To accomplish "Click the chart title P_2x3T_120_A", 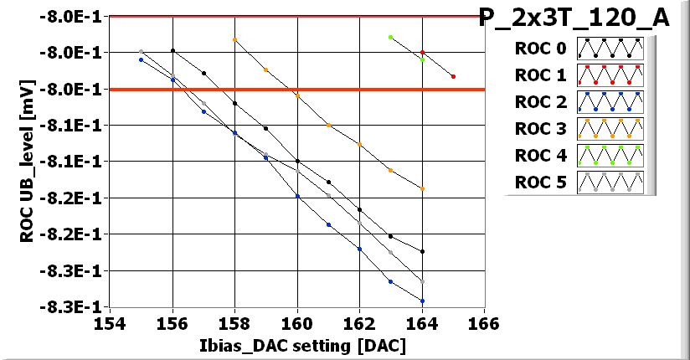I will [574, 18].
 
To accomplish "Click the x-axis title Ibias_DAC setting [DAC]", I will [296, 346].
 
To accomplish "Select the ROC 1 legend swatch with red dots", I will [610, 75].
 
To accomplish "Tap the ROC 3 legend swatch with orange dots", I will [610, 130].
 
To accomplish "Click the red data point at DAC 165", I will [453, 76].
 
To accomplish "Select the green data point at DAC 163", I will [390, 37].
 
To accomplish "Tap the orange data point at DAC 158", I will [234, 39].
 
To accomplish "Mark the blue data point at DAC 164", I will [422, 301].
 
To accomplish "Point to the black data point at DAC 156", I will [172, 50].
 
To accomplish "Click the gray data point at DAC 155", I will [142, 52].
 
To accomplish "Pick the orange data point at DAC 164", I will [422, 188].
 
